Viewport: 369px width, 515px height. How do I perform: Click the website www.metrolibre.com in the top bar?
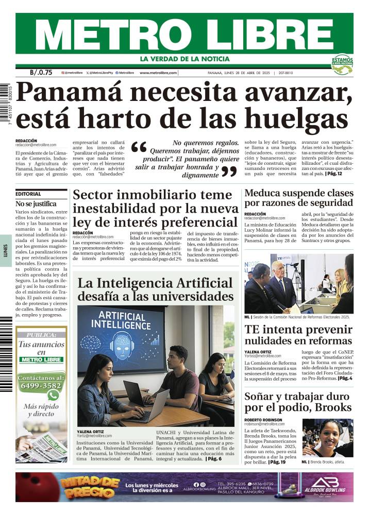(x=158, y=73)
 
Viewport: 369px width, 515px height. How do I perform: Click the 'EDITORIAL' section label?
(x=28, y=194)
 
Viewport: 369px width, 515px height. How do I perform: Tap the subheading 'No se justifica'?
(x=35, y=204)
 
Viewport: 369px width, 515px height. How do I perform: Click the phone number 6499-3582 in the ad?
(x=41, y=385)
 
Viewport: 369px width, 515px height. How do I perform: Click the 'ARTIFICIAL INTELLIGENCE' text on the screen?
(x=122, y=321)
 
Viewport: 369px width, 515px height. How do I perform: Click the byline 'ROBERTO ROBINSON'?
(x=264, y=420)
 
